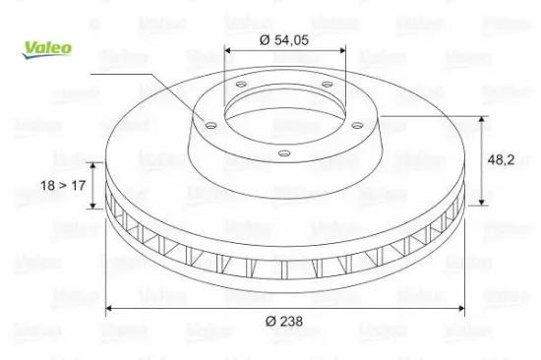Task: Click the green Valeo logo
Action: [47, 49]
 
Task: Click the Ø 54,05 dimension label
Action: [284, 40]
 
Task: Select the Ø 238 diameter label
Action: [284, 322]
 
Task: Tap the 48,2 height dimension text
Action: [501, 159]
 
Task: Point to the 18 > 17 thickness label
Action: [63, 186]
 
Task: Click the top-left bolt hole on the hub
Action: [241, 84]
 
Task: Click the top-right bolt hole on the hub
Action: [327, 84]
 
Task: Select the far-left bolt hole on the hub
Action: [210, 125]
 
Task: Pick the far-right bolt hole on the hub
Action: [357, 125]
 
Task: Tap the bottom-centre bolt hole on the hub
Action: [284, 153]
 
